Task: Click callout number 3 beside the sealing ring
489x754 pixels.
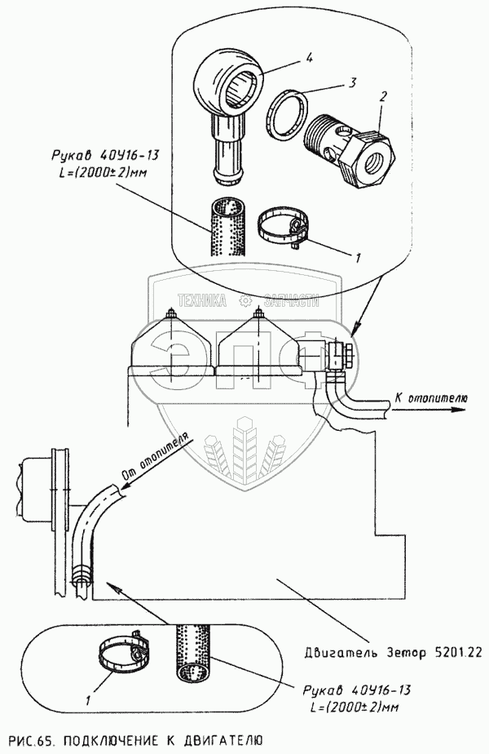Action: [x=330, y=82]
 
